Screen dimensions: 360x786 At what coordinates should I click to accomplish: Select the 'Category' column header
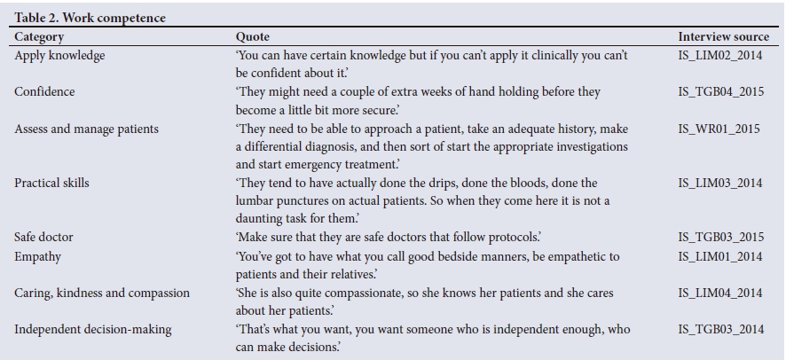(x=39, y=37)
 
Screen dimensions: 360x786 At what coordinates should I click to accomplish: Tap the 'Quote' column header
(x=252, y=37)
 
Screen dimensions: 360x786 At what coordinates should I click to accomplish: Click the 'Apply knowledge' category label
(x=59, y=56)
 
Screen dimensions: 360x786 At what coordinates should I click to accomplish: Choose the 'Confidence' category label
(x=44, y=92)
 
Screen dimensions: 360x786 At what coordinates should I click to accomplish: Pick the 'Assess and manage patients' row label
(x=87, y=129)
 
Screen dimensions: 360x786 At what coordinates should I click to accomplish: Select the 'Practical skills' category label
(x=51, y=184)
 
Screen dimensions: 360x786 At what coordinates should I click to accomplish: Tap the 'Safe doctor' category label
(x=44, y=238)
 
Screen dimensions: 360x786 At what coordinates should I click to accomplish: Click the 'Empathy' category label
(x=37, y=256)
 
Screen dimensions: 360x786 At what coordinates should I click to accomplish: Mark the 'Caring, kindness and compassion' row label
(x=102, y=293)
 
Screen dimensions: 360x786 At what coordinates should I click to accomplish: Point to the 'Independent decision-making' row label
(x=93, y=330)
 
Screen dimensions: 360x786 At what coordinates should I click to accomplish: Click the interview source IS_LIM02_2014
(x=719, y=56)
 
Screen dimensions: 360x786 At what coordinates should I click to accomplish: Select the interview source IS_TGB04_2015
(x=720, y=92)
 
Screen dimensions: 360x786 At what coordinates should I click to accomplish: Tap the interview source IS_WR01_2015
(x=719, y=129)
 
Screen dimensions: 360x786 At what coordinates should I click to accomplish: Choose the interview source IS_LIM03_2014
(x=719, y=184)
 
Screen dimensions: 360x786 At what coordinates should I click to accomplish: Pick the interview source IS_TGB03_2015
(x=720, y=238)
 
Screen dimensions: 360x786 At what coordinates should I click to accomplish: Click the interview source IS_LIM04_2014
(x=719, y=293)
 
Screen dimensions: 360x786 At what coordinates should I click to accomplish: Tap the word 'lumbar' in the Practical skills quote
(x=255, y=201)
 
